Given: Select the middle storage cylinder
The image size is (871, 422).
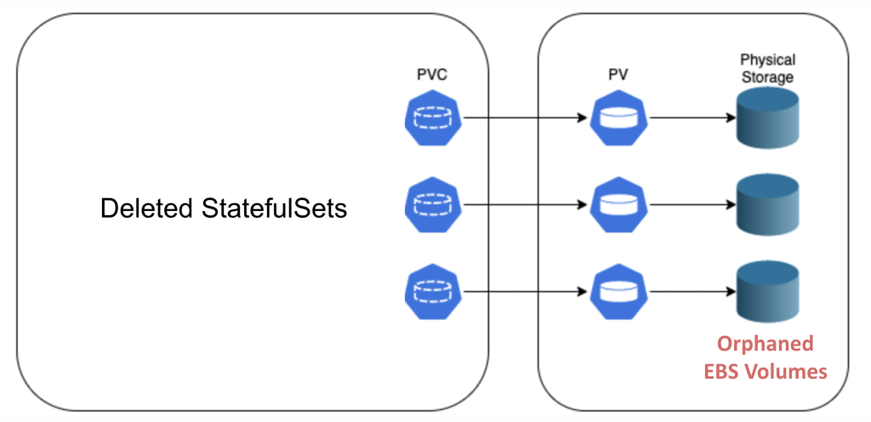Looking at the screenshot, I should click(768, 204).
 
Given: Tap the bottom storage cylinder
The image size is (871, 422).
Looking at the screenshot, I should click(768, 290).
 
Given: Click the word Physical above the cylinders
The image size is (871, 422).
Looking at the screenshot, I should click(767, 60).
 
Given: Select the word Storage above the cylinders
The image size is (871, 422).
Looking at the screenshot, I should click(767, 77).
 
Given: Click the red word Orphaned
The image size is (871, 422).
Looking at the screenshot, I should click(766, 344).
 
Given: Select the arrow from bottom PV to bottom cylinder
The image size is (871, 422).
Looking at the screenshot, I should click(689, 291).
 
